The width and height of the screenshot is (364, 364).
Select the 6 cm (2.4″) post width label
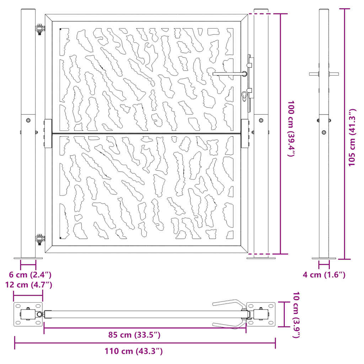click(30, 274)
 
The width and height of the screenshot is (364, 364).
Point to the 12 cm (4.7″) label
click(28, 285)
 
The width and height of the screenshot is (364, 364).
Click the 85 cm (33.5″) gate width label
click(134, 335)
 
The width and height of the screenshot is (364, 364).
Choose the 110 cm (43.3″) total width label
click(134, 352)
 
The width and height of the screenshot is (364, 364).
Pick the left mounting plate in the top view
click(28, 315)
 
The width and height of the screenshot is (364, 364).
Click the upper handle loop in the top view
click(229, 303)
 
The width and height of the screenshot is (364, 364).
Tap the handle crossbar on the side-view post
click(324, 74)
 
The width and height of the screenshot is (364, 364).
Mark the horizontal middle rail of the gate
click(146, 134)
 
